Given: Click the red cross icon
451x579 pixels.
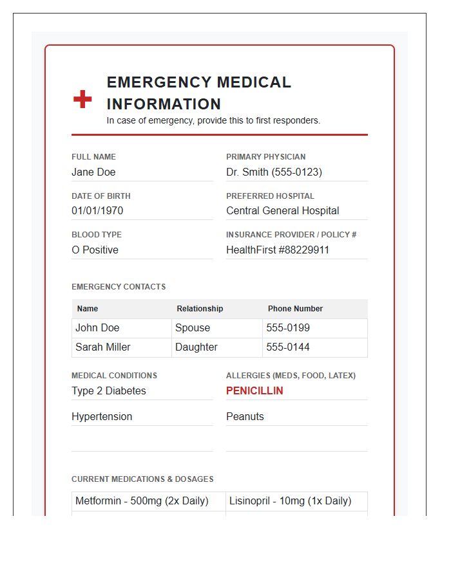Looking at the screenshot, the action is click(82, 99).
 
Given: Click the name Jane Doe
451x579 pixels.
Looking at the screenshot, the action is click(93, 172).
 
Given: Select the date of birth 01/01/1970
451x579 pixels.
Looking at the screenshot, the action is click(97, 210).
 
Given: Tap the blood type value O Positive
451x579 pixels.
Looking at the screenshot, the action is click(95, 250).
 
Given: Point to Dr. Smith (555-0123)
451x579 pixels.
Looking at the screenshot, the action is click(274, 172).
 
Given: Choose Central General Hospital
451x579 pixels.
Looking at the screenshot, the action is click(282, 210).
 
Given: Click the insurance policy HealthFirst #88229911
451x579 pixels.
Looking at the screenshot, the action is click(278, 250).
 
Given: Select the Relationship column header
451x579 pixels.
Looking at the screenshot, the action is click(200, 309).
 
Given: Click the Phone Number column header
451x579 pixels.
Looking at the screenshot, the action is click(295, 309).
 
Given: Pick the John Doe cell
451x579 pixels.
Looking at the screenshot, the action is click(97, 327).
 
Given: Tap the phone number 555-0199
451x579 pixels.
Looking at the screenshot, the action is click(288, 327).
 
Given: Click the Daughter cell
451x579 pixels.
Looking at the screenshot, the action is click(197, 347).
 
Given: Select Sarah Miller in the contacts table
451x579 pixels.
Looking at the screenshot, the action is click(103, 347).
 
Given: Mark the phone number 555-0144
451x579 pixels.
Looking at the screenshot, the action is click(288, 347).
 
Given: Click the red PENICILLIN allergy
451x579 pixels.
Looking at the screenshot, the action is click(254, 391).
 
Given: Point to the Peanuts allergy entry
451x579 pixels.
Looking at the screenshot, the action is click(245, 416).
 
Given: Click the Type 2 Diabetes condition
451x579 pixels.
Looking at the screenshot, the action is click(109, 391).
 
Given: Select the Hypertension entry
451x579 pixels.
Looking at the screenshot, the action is click(102, 416).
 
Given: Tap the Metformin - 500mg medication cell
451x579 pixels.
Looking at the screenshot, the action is click(142, 501).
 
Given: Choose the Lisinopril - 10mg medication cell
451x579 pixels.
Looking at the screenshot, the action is click(290, 501).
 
